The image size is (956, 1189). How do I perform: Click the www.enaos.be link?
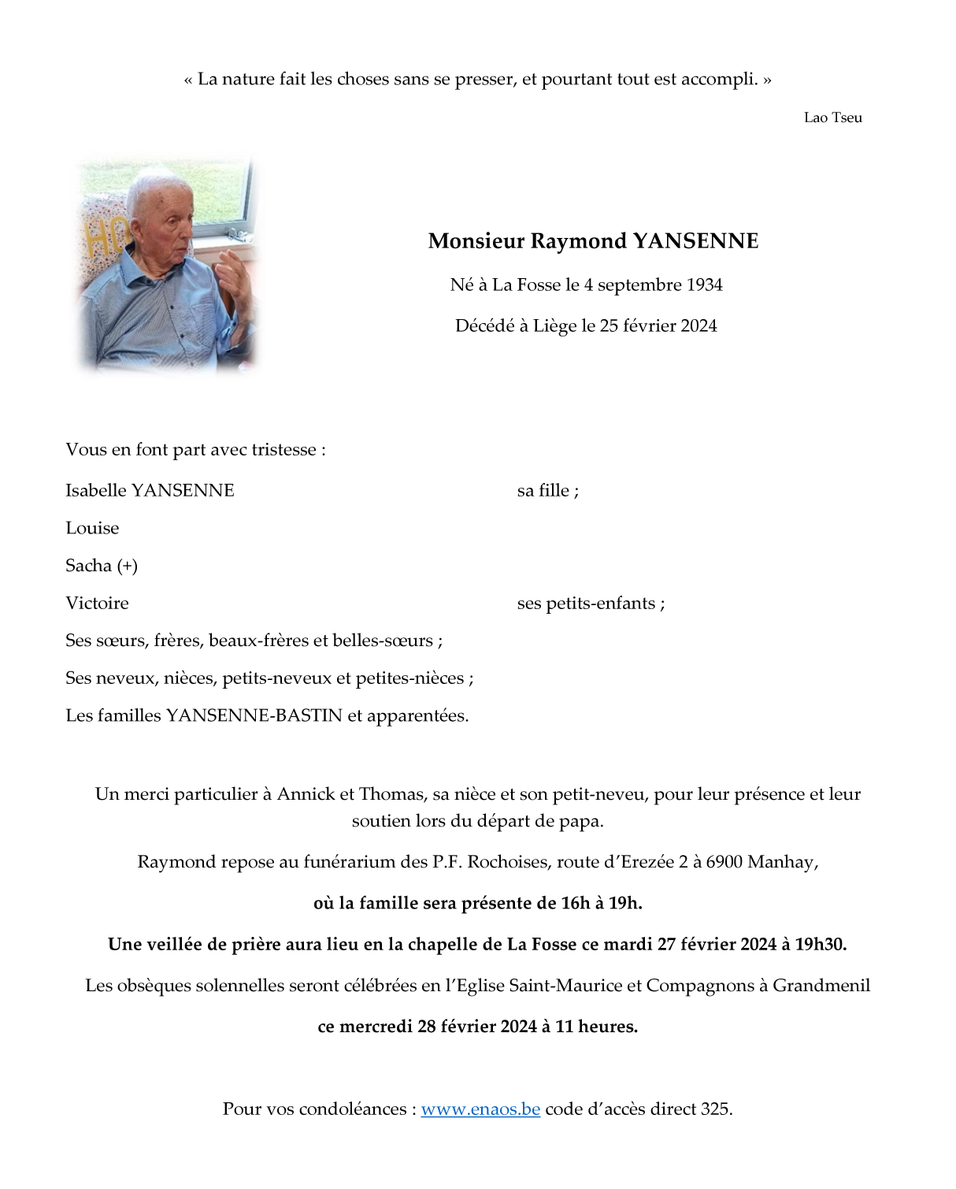pos(480,1109)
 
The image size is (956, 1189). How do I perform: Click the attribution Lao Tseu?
pos(832,117)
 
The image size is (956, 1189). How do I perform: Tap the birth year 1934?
pos(704,284)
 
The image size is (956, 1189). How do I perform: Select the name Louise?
pos(92,528)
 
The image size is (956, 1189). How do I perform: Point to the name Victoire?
pos(97,603)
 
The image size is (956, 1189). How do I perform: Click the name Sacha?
pos(88,566)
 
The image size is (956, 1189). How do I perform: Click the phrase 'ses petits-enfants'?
pos(586,603)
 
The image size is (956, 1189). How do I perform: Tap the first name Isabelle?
pos(95,490)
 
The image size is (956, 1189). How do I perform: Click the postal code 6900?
pos(724,861)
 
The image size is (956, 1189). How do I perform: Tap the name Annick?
pos(306,793)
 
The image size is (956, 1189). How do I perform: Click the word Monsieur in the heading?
pos(476,240)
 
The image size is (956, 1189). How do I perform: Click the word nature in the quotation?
pos(247,79)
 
